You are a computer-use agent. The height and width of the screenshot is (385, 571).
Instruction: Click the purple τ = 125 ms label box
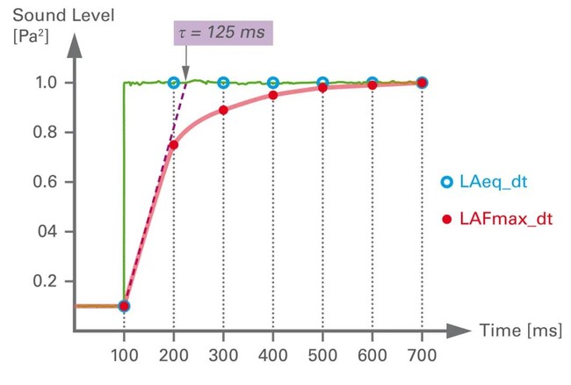[222, 34]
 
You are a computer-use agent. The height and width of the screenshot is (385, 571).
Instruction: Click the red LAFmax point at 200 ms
[174, 145]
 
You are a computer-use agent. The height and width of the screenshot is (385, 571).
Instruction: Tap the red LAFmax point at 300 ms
[223, 110]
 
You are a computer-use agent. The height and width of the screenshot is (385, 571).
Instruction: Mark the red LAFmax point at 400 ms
[273, 95]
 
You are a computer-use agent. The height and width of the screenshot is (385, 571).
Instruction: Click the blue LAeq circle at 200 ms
[174, 83]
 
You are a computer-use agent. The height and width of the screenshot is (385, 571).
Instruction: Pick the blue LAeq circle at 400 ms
[273, 83]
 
